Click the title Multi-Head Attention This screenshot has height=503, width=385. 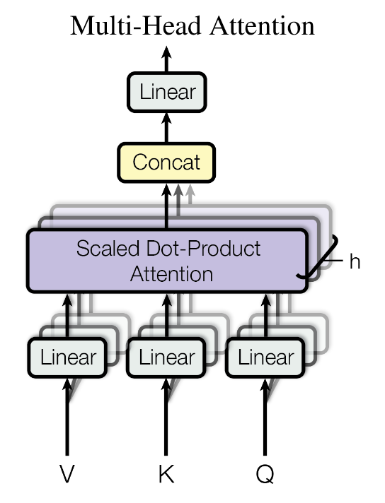coord(192,25)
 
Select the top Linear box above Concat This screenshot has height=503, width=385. coord(166,93)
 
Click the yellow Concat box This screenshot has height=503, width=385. coord(166,162)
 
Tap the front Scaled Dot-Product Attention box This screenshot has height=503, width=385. coord(167,261)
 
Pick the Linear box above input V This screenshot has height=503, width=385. coord(67,357)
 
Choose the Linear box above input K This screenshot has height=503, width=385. coord(166,357)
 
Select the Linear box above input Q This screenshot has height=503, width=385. coord(265,357)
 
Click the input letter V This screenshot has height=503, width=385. coord(67,474)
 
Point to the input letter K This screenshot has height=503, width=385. coord(166,474)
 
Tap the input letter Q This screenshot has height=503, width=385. coord(265,474)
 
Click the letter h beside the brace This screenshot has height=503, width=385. coord(355,261)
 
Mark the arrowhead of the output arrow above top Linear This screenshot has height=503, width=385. coord(166,52)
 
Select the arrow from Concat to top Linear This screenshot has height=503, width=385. coord(166,127)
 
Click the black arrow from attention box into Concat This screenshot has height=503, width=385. coord(166,206)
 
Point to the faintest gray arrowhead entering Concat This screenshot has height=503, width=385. coord(190,190)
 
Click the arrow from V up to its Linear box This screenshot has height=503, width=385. coord(67,416)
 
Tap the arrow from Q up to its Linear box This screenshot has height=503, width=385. coord(265,416)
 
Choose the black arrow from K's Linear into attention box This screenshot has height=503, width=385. coord(166,315)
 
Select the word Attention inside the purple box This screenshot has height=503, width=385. coord(171,275)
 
